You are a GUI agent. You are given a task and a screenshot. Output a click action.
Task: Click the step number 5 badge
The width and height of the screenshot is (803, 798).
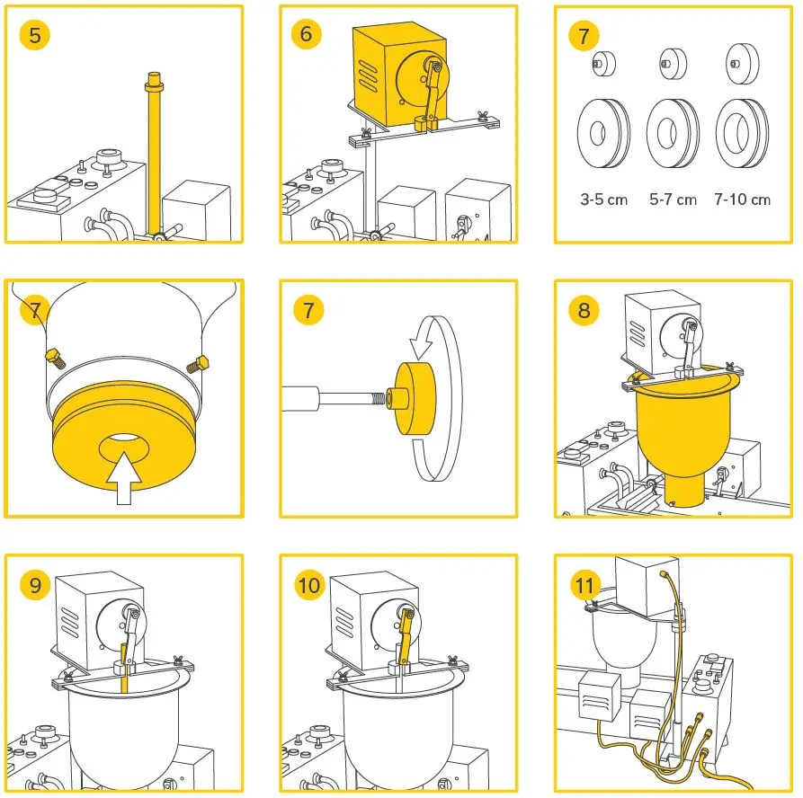35,35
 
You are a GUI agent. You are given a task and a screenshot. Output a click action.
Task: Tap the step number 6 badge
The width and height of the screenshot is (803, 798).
308,35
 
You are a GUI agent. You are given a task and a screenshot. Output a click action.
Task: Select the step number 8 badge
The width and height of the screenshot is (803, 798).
584,311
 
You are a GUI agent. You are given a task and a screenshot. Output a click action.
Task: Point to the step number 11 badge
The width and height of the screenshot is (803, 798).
584,587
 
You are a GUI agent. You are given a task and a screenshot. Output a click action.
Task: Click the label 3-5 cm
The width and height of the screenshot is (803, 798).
603,199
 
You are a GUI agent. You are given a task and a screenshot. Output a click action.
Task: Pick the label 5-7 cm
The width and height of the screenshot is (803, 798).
673,199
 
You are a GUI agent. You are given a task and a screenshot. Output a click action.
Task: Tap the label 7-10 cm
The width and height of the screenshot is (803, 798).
742,199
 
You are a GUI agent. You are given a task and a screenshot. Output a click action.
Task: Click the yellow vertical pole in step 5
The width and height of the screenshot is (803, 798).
153,153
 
